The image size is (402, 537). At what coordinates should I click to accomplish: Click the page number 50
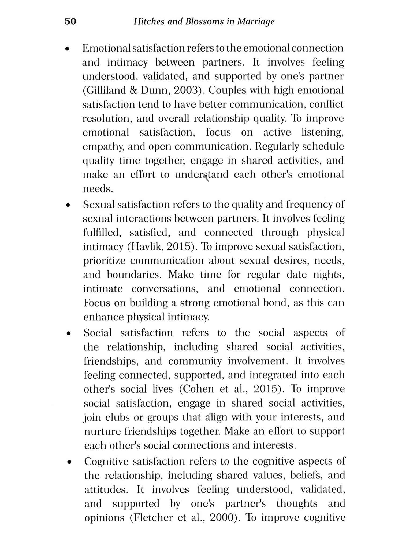point(70,21)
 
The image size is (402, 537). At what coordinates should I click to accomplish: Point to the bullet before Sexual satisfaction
point(68,205)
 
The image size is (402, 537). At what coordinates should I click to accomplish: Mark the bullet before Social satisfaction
point(69,334)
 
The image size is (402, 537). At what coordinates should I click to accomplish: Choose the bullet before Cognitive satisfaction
point(69,462)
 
